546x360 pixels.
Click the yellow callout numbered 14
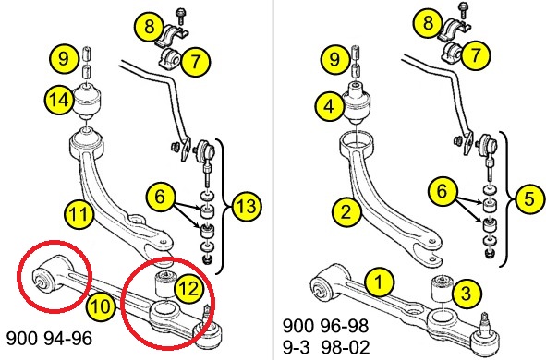click(x=59, y=101)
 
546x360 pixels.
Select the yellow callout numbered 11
click(x=79, y=213)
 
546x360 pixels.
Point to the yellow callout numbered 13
click(x=247, y=206)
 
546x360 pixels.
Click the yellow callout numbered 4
click(x=330, y=106)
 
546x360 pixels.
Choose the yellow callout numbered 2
click(x=346, y=211)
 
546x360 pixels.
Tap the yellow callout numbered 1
click(x=379, y=282)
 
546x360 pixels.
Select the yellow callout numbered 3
click(x=467, y=294)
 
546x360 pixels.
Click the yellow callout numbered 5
click(x=529, y=199)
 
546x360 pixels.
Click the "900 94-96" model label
click(x=50, y=338)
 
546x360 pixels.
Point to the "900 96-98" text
click(x=325, y=326)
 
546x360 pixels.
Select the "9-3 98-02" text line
click(x=326, y=347)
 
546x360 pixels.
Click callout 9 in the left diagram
click(x=64, y=58)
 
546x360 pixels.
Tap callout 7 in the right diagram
click(x=477, y=54)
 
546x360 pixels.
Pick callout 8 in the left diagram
click(x=150, y=26)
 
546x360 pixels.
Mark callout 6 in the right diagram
click(x=443, y=190)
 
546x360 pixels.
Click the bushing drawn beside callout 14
click(x=88, y=101)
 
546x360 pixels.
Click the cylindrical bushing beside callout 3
click(x=443, y=290)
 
